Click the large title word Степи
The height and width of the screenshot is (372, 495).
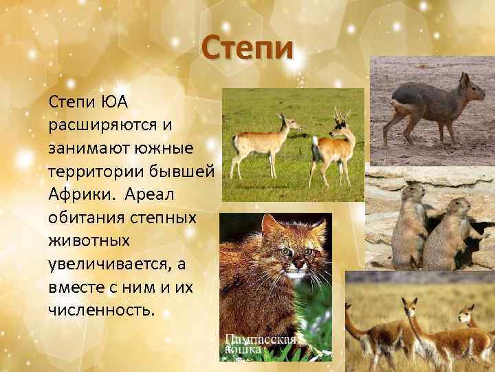pos(247,50)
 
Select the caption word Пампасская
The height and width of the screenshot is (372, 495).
pos(261,339)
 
